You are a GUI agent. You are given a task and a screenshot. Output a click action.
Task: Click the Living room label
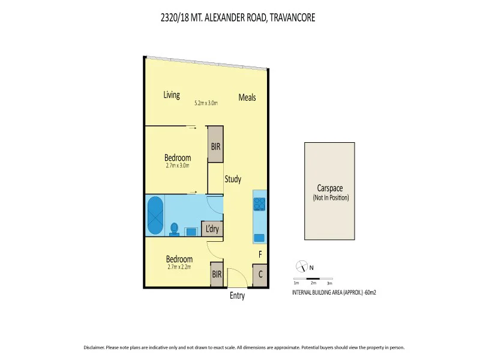[172, 95]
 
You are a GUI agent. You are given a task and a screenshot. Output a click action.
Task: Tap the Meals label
[247, 97]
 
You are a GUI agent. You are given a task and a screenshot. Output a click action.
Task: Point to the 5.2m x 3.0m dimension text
[206, 103]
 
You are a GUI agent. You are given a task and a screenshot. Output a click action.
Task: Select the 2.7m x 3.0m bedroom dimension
[177, 166]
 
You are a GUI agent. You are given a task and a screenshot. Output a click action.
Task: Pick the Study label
[233, 179]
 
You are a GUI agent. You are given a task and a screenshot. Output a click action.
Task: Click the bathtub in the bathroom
[155, 216]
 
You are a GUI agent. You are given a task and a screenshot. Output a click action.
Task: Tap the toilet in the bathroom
[175, 229]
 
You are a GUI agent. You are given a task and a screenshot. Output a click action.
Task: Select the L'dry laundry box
[212, 229]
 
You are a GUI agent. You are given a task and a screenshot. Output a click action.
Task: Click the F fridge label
[260, 254]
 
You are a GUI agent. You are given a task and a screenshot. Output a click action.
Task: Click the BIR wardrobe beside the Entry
[216, 275]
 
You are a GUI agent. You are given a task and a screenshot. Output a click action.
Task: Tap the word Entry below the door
[238, 296]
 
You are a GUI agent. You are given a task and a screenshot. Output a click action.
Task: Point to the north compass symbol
[301, 267]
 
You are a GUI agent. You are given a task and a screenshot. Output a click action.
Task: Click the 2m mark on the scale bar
[313, 283]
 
